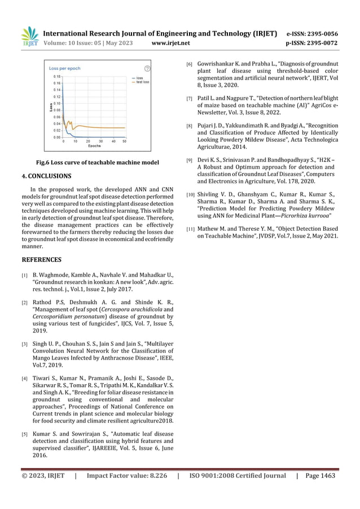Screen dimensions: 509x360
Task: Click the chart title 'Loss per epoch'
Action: (x=65, y=68)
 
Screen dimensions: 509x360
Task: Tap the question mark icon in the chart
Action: (x=147, y=68)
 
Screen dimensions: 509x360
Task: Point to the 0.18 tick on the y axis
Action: (x=57, y=76)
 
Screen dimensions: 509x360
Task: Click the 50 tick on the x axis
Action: (x=125, y=141)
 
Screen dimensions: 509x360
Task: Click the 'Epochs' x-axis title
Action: (x=94, y=146)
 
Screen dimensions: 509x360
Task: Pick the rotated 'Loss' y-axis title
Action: (x=50, y=106)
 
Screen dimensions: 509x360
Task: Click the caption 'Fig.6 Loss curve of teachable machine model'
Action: (x=94, y=163)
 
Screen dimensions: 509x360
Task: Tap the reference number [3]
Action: (x=25, y=344)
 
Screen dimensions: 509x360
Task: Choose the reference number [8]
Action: (x=190, y=126)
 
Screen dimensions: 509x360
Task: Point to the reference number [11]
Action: (x=191, y=229)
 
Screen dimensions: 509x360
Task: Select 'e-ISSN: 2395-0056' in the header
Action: (x=313, y=33)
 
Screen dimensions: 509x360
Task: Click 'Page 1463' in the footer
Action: (x=321, y=475)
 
